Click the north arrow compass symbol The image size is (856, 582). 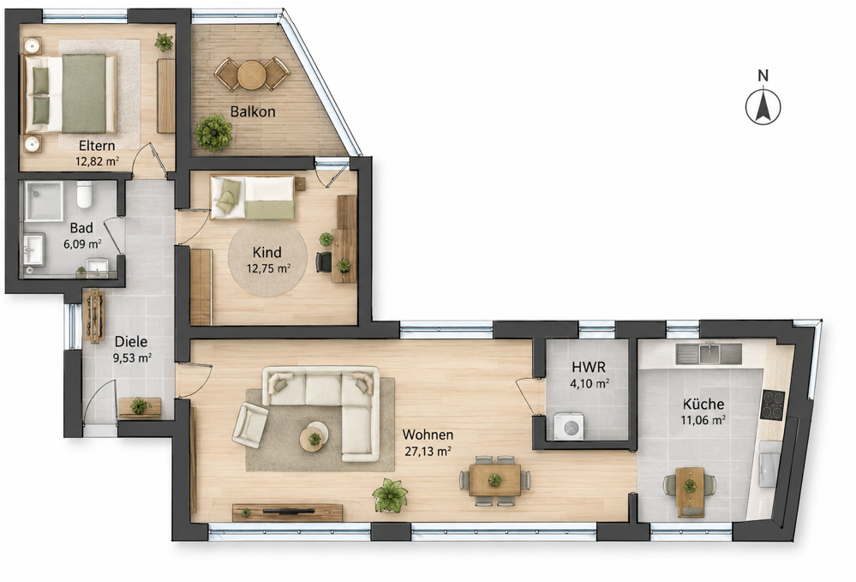763,106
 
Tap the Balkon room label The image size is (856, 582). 253,112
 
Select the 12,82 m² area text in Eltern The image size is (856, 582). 97,161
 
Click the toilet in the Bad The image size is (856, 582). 84,195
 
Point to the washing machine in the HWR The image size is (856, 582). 569,426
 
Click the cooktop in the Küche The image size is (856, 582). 773,405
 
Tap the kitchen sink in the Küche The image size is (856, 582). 709,354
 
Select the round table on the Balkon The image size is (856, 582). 252,75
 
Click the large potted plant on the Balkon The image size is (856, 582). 213,132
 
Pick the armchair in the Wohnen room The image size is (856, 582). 250,425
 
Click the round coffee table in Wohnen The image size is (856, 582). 314,437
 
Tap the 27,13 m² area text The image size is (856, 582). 428,452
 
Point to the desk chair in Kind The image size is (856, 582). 324,261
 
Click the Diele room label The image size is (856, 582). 131,342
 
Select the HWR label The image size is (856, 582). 589,367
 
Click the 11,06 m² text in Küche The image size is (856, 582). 703,420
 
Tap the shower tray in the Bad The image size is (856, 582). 43,201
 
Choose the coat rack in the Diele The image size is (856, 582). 94,316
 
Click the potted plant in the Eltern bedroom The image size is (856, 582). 163,41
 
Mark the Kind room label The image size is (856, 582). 267,252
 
